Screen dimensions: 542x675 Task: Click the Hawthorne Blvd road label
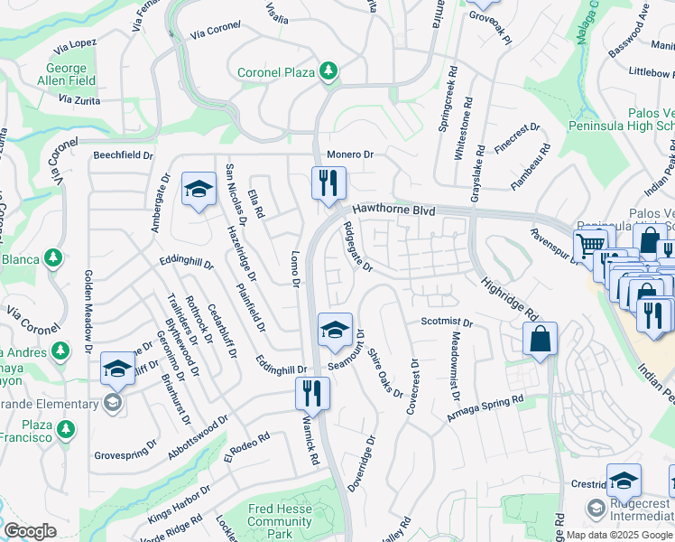click(x=393, y=210)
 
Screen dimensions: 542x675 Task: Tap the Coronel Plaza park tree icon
click(x=329, y=71)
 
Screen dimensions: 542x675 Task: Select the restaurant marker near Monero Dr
click(x=326, y=184)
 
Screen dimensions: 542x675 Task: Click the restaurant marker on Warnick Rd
click(x=312, y=395)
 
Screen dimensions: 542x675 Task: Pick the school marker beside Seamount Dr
click(x=335, y=330)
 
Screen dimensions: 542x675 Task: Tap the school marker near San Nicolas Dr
click(x=199, y=190)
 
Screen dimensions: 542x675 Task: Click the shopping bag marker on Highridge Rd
click(x=540, y=340)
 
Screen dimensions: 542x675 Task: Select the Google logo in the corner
click(x=30, y=531)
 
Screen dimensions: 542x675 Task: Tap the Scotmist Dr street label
click(x=447, y=322)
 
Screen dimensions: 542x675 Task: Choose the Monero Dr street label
click(x=350, y=154)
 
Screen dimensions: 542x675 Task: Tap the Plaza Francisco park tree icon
click(x=64, y=432)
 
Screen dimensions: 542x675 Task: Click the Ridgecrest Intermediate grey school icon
click(x=595, y=508)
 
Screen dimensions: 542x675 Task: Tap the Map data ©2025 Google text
click(x=620, y=534)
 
